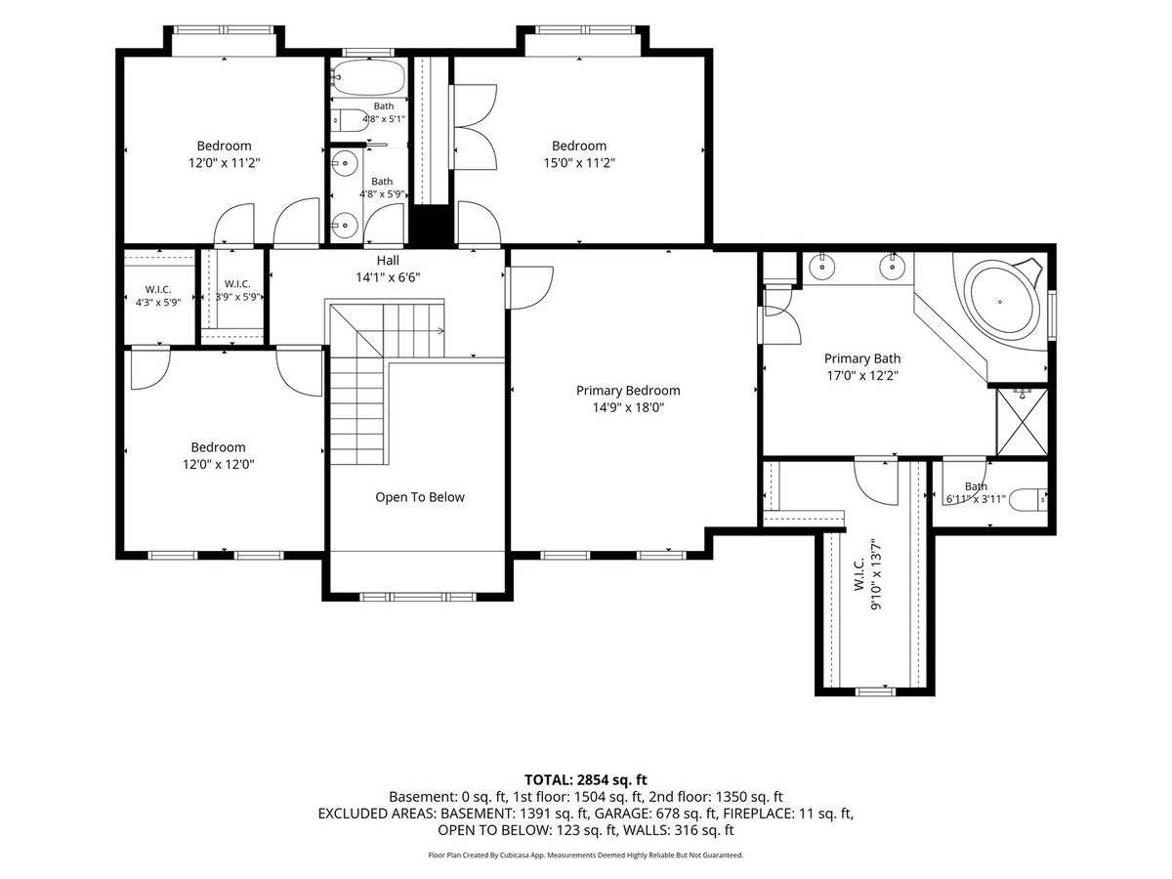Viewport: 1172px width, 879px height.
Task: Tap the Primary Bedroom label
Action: click(628, 390)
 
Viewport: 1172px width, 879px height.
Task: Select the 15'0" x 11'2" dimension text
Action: click(579, 162)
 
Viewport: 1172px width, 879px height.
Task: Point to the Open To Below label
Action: click(420, 497)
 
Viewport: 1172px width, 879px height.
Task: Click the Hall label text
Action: click(388, 260)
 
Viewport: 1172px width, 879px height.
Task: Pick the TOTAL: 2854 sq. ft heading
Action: click(586, 779)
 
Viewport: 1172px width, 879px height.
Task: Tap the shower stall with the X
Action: click(1022, 422)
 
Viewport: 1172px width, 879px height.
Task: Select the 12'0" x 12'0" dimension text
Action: click(219, 464)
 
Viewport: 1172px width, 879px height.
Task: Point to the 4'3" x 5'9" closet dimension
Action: click(158, 303)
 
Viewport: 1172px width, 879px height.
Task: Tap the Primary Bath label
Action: click(862, 358)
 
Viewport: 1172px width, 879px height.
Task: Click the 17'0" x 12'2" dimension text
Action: click(862, 375)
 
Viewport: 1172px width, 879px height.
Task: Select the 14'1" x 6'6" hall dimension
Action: click(388, 277)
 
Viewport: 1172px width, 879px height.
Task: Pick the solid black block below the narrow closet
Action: click(431, 226)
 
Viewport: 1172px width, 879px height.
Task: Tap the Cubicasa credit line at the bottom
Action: click(586, 855)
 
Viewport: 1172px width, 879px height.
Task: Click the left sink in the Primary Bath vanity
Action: click(822, 266)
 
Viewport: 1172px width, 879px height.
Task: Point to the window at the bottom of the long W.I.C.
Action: click(875, 691)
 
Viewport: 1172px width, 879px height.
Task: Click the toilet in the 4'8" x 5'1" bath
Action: click(346, 120)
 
